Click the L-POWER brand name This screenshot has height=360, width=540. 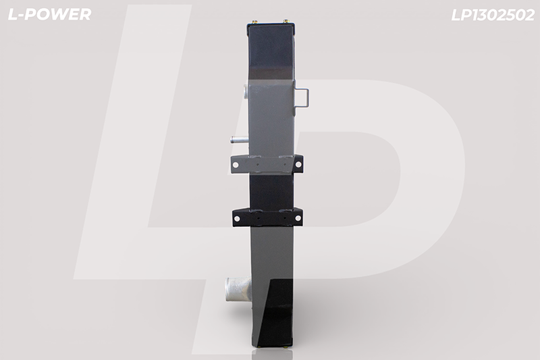(49, 14)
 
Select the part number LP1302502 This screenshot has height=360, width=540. (493, 15)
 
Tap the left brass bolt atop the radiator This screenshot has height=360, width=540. (255, 22)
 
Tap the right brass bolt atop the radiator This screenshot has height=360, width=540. (286, 22)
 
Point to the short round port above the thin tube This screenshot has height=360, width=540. (246, 92)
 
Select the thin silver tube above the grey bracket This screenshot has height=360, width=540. (240, 140)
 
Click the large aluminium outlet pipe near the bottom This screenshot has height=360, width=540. (238, 289)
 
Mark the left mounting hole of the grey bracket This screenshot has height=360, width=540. (236, 165)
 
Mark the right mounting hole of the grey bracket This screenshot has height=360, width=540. (298, 165)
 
